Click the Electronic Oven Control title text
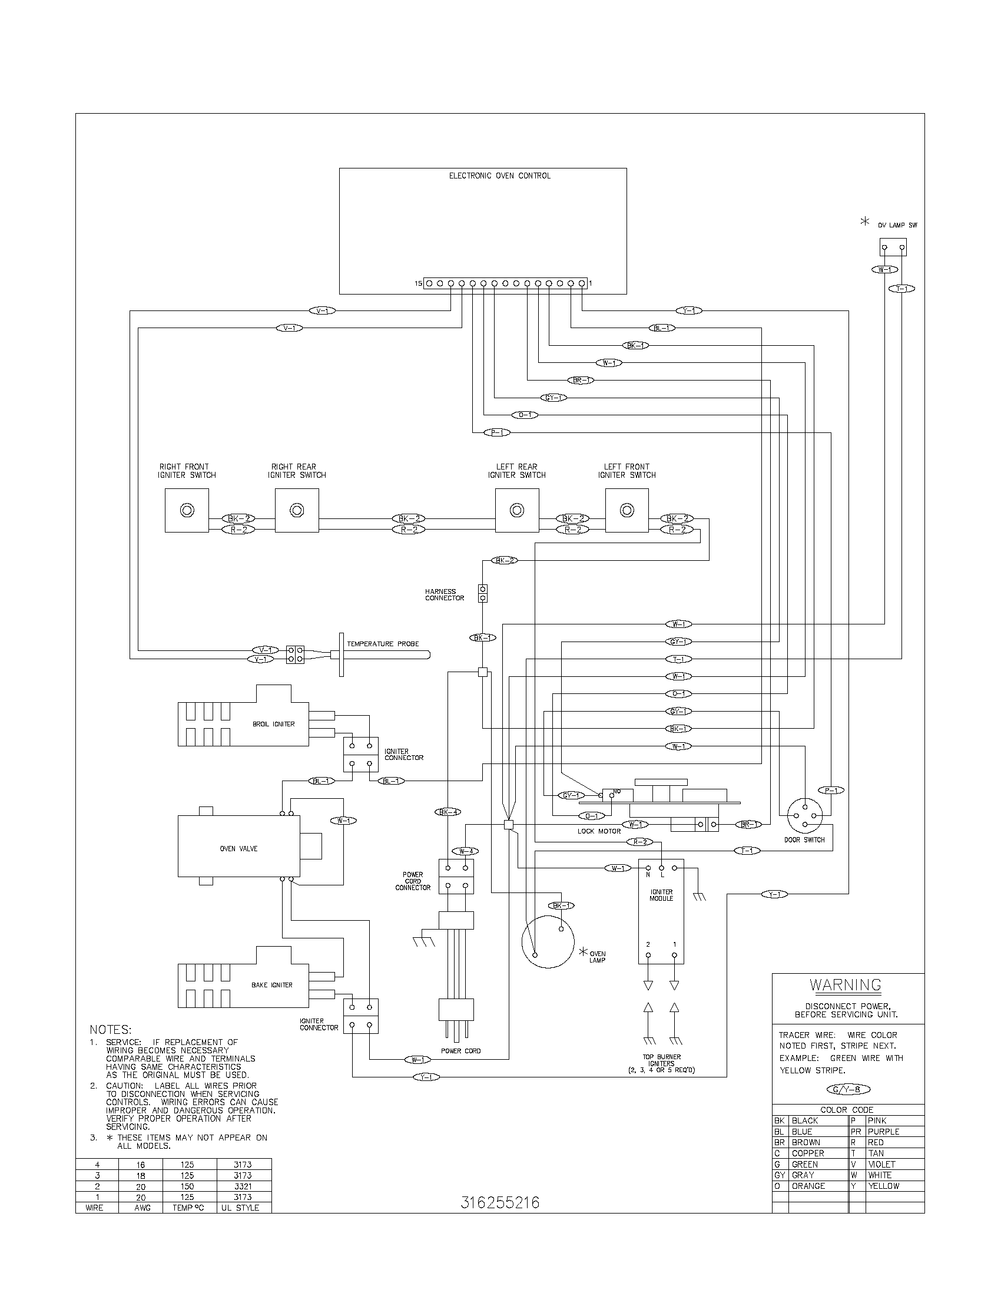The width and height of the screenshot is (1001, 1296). pyautogui.click(x=499, y=176)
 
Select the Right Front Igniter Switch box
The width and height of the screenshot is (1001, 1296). pyautogui.click(x=187, y=510)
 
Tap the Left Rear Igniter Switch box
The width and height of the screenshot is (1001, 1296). pyautogui.click(x=517, y=510)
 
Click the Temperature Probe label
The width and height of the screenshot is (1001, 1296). pyautogui.click(x=383, y=644)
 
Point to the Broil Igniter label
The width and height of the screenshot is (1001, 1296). pyautogui.click(x=273, y=724)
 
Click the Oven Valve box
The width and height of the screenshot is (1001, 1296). pyautogui.click(x=238, y=848)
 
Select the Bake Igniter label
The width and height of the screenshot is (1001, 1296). pyautogui.click(x=271, y=985)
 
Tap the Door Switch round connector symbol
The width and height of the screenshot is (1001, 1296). pyautogui.click(x=805, y=816)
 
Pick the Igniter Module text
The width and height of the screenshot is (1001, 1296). pyautogui.click(x=661, y=895)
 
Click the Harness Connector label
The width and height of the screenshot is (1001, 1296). pyautogui.click(x=444, y=594)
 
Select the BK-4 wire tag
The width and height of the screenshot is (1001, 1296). pyautogui.click(x=447, y=812)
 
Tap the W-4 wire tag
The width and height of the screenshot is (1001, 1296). pyautogui.click(x=465, y=851)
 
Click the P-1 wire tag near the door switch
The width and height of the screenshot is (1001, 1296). pyautogui.click(x=830, y=790)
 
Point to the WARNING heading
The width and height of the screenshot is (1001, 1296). pyautogui.click(x=846, y=985)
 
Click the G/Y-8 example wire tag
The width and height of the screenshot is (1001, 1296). pyautogui.click(x=848, y=1089)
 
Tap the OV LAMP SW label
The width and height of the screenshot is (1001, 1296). pyautogui.click(x=897, y=226)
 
